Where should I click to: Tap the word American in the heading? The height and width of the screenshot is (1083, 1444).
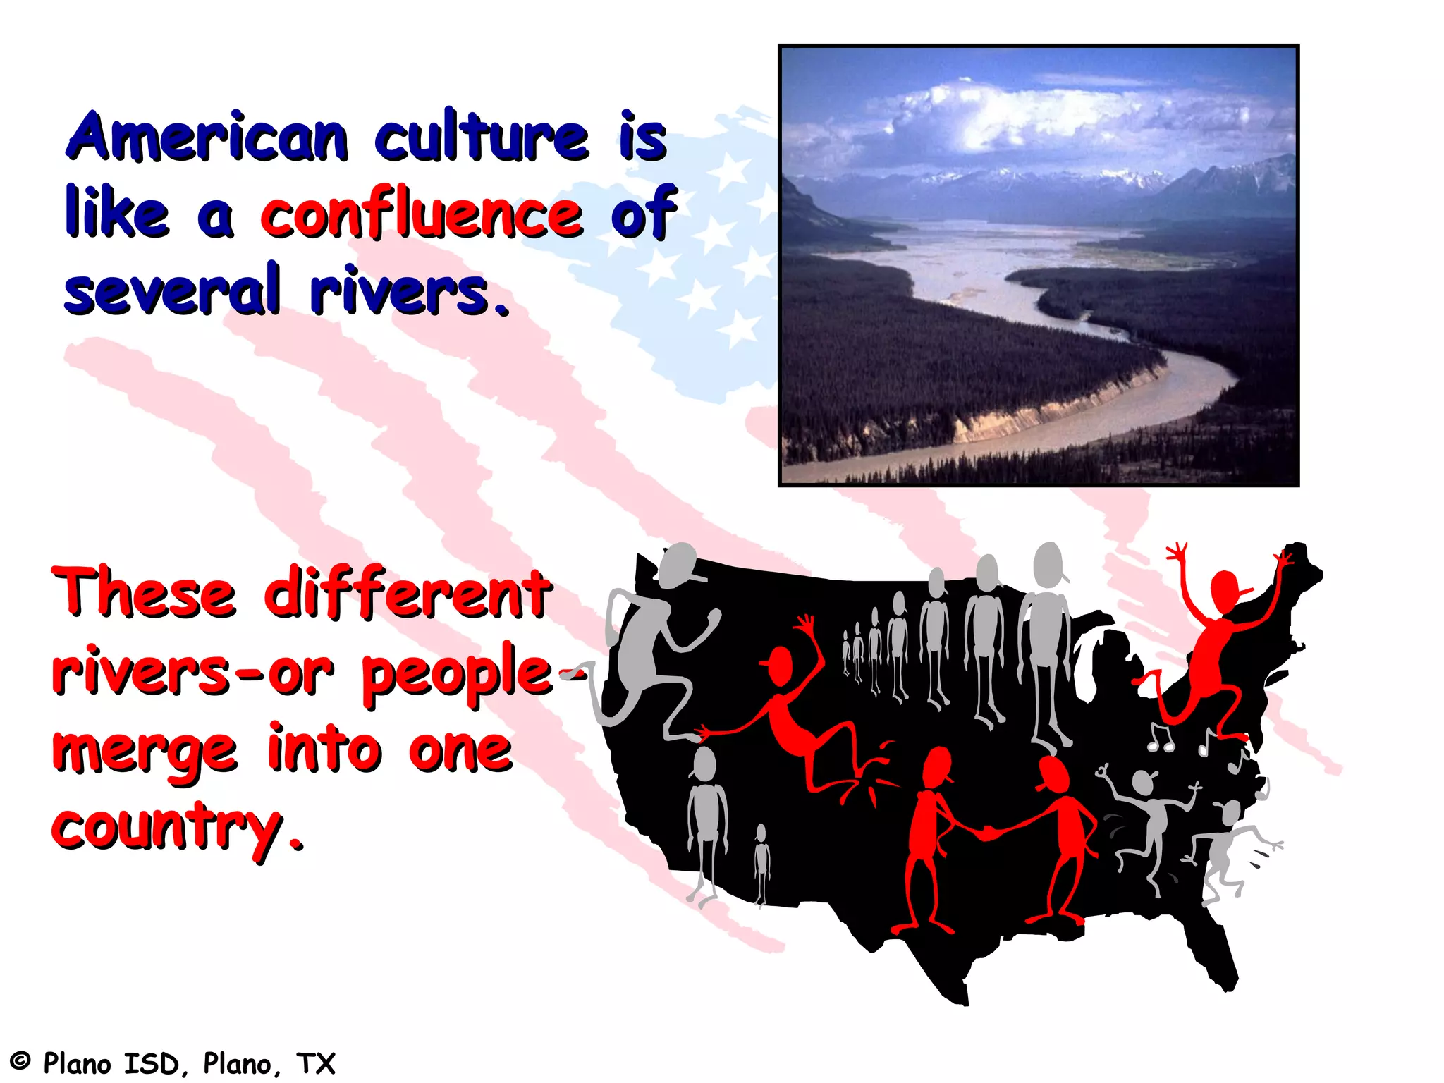click(208, 137)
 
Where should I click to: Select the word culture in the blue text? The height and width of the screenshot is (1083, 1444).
click(481, 135)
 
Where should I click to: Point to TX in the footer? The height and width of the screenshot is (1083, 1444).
click(315, 1063)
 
